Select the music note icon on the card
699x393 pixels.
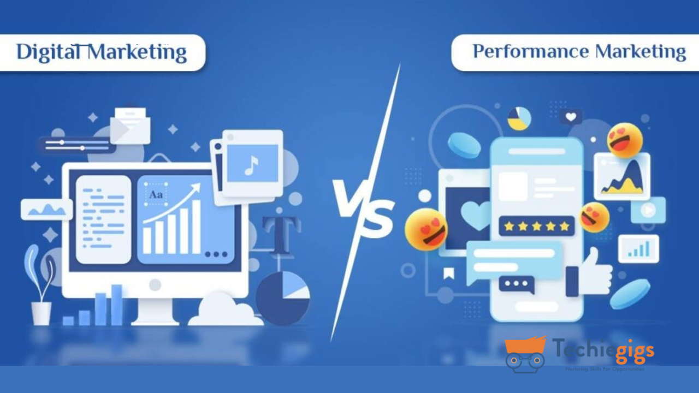click(251, 165)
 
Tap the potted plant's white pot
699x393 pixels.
click(41, 313)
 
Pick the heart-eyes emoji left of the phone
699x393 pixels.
click(426, 229)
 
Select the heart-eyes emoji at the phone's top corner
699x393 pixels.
click(625, 140)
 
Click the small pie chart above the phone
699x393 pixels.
click(519, 118)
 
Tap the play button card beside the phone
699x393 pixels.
click(648, 210)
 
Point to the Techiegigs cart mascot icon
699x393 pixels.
click(525, 353)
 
